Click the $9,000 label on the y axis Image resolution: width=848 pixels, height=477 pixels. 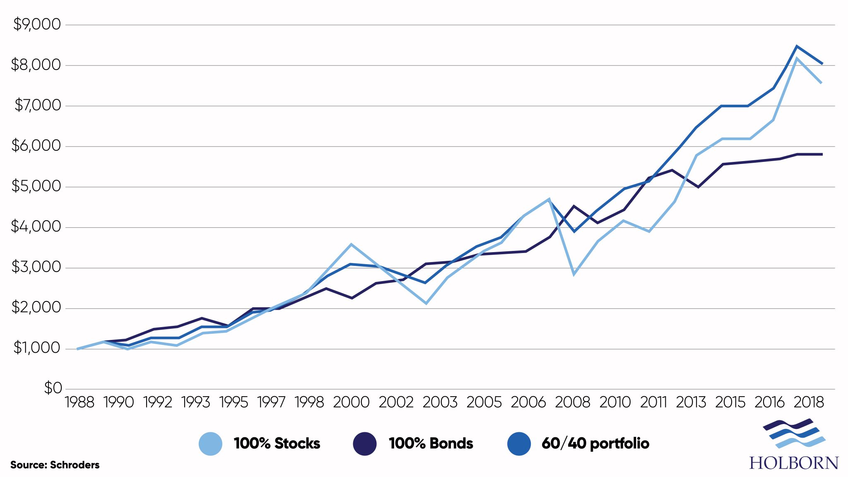(37, 24)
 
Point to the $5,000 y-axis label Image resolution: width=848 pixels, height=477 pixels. (37, 186)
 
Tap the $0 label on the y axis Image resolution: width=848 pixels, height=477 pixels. (53, 388)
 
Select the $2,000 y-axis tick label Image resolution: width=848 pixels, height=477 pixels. (37, 307)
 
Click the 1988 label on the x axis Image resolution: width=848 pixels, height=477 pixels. (79, 402)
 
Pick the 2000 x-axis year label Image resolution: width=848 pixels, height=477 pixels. (351, 402)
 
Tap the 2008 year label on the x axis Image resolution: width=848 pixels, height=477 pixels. (572, 402)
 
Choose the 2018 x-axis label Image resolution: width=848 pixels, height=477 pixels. (809, 402)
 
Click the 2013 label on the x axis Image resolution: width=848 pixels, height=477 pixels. (691, 402)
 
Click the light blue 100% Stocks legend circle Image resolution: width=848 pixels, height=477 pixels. (210, 443)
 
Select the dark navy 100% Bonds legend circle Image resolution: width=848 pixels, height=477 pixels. (365, 443)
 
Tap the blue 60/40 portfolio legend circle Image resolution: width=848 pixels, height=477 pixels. (519, 443)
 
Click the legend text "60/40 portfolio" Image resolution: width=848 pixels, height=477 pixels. (595, 443)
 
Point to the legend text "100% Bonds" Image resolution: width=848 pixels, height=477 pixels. (431, 443)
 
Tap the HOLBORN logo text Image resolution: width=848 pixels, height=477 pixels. (794, 463)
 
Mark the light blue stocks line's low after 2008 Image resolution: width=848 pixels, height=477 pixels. (574, 274)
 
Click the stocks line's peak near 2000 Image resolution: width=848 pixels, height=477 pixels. (351, 244)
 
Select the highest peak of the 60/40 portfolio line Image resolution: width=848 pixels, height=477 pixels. (797, 46)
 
